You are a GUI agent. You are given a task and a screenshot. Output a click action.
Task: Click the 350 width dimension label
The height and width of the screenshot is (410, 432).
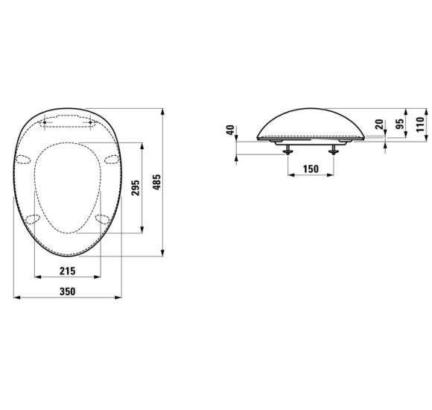pos(68,291)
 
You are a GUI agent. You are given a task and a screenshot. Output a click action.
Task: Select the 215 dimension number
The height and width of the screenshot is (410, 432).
pos(68,271)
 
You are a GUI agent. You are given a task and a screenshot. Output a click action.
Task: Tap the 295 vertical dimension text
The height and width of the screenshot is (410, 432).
pos(136,188)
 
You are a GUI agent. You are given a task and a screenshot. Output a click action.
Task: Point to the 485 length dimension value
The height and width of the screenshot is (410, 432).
pos(156,182)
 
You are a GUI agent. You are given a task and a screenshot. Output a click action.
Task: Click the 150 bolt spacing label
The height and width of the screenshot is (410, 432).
pos(311,168)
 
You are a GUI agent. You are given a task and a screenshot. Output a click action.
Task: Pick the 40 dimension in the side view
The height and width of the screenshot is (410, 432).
pos(230,130)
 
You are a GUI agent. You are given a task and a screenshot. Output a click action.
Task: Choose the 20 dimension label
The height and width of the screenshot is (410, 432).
pos(379,124)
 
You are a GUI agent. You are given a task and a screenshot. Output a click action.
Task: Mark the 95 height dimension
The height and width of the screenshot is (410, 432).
pos(400,124)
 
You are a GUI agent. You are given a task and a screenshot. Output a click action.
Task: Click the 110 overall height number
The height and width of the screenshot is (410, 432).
pos(421,124)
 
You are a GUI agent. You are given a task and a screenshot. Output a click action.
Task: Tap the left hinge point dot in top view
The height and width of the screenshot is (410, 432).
pos(45,122)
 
